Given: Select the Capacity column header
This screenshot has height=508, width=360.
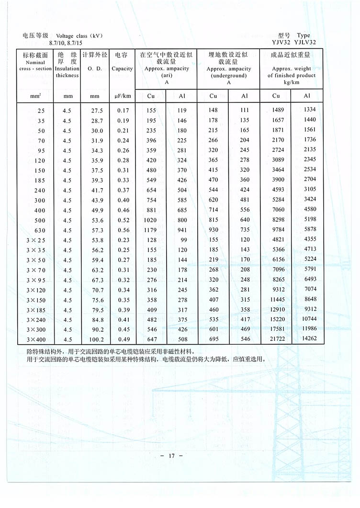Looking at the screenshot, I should point(122,68).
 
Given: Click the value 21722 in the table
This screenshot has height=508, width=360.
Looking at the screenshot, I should point(278,339).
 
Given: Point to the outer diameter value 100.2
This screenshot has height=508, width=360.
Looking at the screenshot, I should point(97,339).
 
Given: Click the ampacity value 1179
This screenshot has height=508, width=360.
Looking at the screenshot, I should point(151,230).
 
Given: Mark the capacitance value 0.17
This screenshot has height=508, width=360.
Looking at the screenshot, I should point(123,110).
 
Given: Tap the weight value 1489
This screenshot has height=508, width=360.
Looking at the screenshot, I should point(278,110).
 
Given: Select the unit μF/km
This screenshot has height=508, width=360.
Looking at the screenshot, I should point(123,96).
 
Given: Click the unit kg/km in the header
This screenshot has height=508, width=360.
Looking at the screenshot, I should point(292,82).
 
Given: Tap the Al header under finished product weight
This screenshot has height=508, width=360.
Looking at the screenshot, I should point(307,96).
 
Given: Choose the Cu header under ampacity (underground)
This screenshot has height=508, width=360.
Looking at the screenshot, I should point(214,96).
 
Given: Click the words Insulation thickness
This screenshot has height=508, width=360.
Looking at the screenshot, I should point(67,72).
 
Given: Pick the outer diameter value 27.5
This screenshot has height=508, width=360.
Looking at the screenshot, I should point(97,110).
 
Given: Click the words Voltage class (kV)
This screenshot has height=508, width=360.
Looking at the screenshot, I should point(79,36).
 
